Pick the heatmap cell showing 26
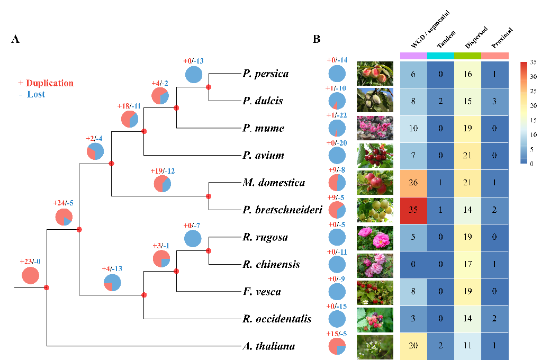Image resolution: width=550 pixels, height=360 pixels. pos(414,183)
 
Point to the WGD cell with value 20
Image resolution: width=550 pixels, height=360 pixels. pos(414,347)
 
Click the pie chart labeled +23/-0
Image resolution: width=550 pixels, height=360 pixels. pos(31,276)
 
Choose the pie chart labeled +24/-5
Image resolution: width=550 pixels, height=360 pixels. pos(64,217)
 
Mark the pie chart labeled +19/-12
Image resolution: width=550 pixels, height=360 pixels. pos(163,184)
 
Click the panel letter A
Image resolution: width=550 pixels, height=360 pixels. pos(16,40)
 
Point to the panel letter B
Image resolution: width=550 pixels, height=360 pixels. pos(317,40)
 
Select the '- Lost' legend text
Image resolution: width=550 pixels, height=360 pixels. pos(33,95)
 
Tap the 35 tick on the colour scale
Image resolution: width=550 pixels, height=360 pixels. pos(534,62)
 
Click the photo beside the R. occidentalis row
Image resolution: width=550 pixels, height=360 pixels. pos(375,319)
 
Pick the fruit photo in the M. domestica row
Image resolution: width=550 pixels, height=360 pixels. pos(375,183)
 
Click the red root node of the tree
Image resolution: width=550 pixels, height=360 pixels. pos(47,287)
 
